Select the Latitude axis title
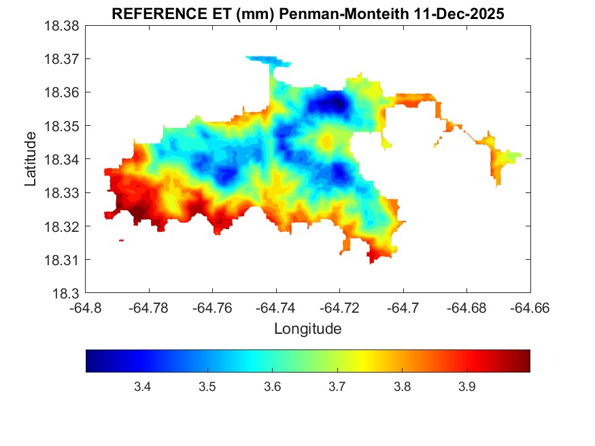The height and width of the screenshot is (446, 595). point(31,159)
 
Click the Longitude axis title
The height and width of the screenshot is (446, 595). point(307,329)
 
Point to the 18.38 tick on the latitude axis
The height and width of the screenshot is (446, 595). point(61,26)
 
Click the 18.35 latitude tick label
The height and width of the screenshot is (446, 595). point(61,126)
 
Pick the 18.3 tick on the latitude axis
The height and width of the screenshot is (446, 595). point(67,294)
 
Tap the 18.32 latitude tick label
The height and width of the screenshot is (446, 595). point(61,226)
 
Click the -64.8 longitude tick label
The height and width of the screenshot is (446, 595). point(86,307)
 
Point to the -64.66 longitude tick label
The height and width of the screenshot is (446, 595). point(530,307)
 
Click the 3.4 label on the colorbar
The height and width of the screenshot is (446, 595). point(142,387)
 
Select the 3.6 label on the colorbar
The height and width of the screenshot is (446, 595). point(272,387)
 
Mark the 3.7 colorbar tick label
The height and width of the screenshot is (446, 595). point(337,387)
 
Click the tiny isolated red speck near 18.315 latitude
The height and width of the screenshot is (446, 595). point(121,240)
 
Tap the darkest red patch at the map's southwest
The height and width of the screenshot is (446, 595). point(138,215)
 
